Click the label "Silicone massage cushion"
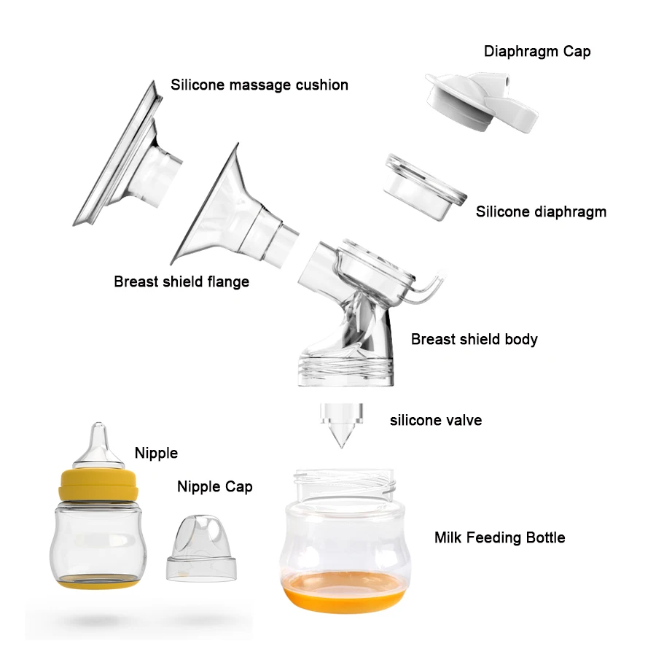click(x=259, y=85)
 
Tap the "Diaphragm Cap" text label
click(x=537, y=52)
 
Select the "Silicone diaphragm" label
click(x=541, y=212)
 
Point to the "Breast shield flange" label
click(x=181, y=281)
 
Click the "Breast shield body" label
click(x=474, y=339)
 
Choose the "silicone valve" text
click(x=436, y=420)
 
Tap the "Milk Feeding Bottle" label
click(x=499, y=538)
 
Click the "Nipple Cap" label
click(x=215, y=486)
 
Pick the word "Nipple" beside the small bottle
click(x=156, y=453)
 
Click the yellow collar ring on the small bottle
click(x=98, y=484)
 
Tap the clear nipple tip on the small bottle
click(x=98, y=442)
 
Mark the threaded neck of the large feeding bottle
click(x=344, y=482)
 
